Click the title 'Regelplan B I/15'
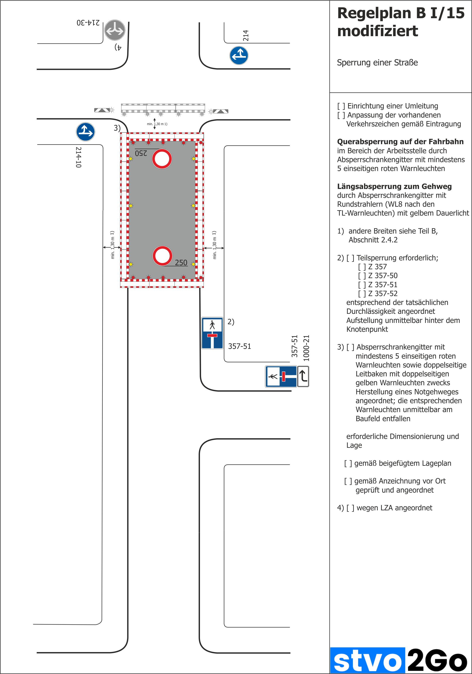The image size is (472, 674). point(401,13)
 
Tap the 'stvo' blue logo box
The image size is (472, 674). point(368,661)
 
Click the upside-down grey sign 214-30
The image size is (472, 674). point(115,30)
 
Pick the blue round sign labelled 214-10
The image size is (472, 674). point(85,132)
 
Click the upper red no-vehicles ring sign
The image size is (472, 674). point(162,159)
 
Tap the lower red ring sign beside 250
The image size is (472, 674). point(162,256)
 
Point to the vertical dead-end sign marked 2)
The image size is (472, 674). point(212,333)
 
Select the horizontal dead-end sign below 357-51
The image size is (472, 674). point(281,376)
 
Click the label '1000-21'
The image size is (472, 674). point(306,348)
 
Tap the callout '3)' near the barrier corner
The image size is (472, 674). point(117,128)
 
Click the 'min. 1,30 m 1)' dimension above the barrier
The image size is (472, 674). point(157,124)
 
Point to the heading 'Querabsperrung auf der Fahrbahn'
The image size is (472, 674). point(400,142)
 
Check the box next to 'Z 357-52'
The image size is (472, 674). point(362,294)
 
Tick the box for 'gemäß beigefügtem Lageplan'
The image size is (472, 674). point(348,463)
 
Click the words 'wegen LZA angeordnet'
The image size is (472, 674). point(394,508)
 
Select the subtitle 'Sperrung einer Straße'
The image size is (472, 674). point(377,63)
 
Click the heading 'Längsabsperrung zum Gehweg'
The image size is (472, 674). point(394,186)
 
